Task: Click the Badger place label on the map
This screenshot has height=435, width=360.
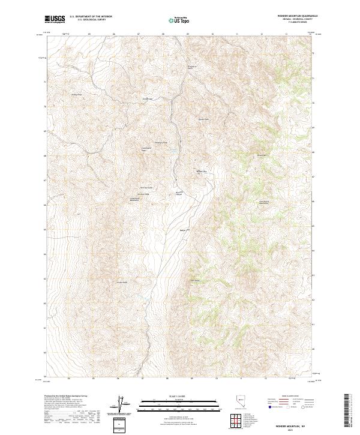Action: point(184,230)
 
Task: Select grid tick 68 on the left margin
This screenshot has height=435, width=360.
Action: point(43,155)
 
